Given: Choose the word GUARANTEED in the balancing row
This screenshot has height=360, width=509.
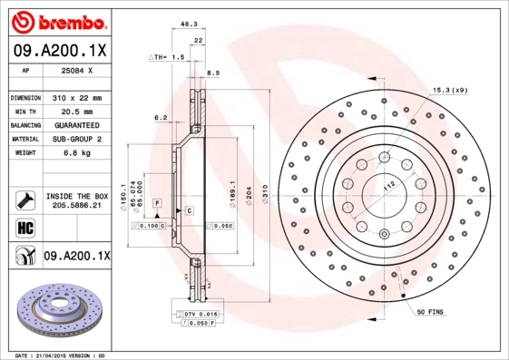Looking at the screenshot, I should [77, 125].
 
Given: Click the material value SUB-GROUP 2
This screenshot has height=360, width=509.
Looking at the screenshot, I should [77, 139].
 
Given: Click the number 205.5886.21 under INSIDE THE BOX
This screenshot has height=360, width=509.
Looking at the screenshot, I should [77, 207].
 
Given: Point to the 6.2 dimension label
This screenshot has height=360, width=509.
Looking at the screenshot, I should [161, 117].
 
